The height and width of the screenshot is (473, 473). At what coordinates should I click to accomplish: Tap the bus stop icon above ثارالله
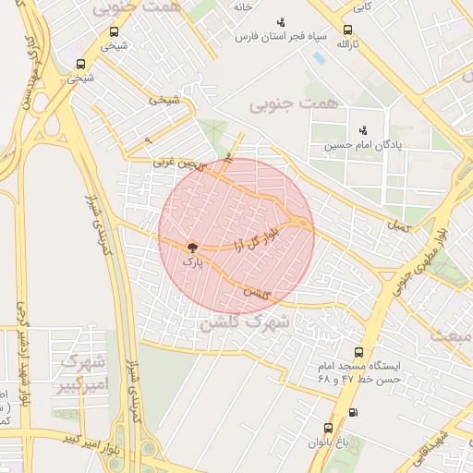pyautogui.click(x=346, y=29)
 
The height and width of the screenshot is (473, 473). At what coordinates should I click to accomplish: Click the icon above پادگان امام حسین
pyautogui.click(x=363, y=129)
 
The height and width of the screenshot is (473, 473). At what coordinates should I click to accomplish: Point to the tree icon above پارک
pyautogui.click(x=192, y=247)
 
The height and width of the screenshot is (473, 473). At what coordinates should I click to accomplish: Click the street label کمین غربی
pyautogui.click(x=176, y=163)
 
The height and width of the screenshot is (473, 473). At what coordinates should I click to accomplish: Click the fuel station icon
pyautogui.click(x=352, y=412)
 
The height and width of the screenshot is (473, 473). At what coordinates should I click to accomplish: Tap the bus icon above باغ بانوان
pyautogui.click(x=328, y=428)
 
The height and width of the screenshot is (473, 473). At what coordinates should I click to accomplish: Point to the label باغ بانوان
pyautogui.click(x=330, y=443)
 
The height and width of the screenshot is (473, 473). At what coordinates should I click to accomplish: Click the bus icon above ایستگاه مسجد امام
pyautogui.click(x=358, y=352)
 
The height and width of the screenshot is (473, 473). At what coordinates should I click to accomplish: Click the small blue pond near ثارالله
pyautogui.click(x=319, y=58)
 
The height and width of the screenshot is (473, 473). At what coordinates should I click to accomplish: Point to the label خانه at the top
pyautogui.click(x=243, y=6)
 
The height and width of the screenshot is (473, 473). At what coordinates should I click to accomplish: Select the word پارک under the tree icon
pyautogui.click(x=192, y=262)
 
